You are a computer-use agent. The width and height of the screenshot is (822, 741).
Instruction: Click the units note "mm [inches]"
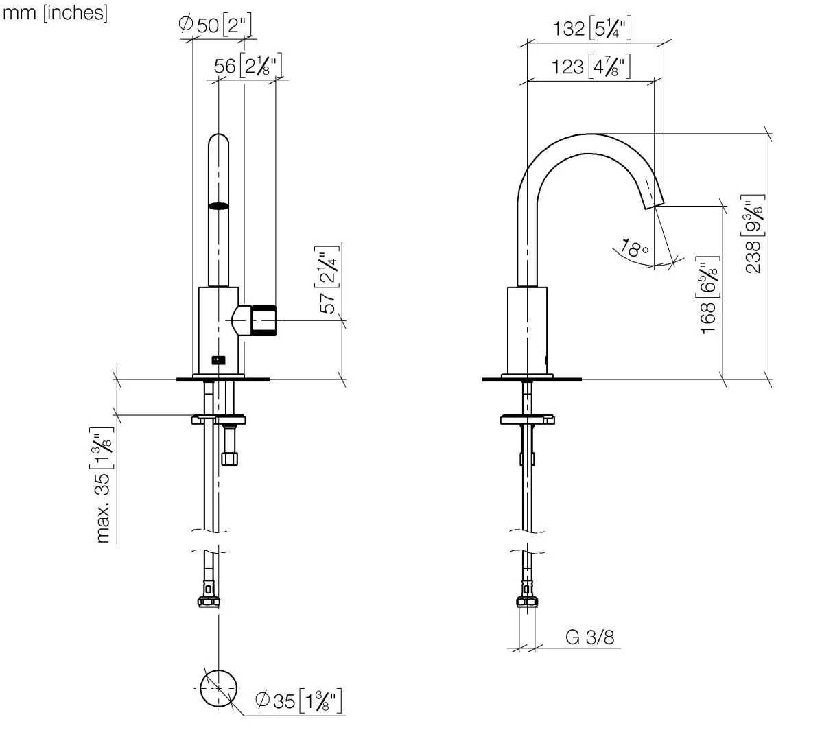(x=55, y=12)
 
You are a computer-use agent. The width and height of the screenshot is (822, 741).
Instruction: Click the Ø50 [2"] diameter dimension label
(x=215, y=24)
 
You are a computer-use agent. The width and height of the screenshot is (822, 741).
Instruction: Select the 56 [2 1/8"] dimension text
(x=248, y=65)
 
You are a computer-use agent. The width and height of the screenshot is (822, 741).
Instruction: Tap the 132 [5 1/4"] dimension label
(x=592, y=27)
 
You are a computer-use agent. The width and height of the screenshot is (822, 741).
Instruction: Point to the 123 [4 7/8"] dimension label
(x=590, y=67)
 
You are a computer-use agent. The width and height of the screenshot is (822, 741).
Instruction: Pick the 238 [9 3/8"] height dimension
(x=753, y=234)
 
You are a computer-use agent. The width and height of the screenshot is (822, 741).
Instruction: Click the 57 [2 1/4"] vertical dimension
(x=328, y=279)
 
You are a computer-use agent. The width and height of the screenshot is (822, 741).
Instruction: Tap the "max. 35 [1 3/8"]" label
(x=104, y=485)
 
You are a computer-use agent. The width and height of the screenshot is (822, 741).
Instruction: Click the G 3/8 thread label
(x=590, y=637)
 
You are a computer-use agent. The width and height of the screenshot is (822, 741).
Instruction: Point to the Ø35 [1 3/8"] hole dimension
(x=298, y=701)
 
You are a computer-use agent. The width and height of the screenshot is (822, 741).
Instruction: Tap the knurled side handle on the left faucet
(x=263, y=320)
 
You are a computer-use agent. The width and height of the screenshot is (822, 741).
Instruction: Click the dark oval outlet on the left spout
(x=219, y=206)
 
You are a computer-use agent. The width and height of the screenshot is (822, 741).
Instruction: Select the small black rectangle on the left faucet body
(x=219, y=360)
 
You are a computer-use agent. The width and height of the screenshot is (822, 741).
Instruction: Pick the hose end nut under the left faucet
(x=209, y=602)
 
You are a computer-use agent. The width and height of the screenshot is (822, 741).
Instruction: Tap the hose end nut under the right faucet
(x=527, y=602)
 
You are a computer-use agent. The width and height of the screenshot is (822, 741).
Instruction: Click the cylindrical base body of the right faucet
(x=527, y=331)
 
